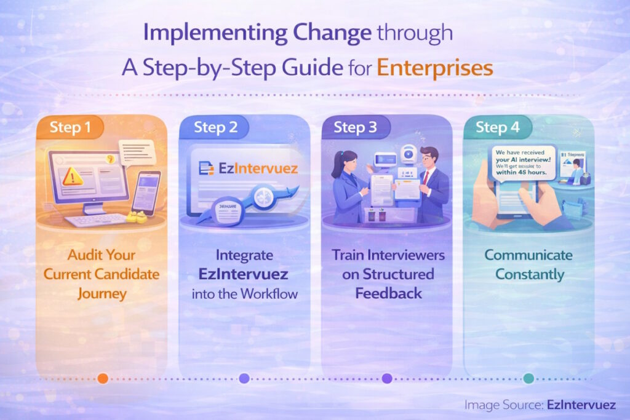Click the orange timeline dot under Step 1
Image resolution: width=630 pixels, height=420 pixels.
(x=103, y=378)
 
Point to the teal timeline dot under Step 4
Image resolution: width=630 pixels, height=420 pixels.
(x=528, y=378)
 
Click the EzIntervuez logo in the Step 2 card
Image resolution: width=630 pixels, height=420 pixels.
(x=249, y=168)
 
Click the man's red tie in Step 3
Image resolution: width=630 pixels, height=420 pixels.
(x=425, y=178)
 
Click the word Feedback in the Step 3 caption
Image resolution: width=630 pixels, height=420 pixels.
(x=388, y=293)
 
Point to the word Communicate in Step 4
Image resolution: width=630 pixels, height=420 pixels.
(x=528, y=255)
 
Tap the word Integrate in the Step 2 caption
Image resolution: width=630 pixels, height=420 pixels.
(x=244, y=255)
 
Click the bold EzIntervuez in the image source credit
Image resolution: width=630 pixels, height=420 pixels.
(x=581, y=404)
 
